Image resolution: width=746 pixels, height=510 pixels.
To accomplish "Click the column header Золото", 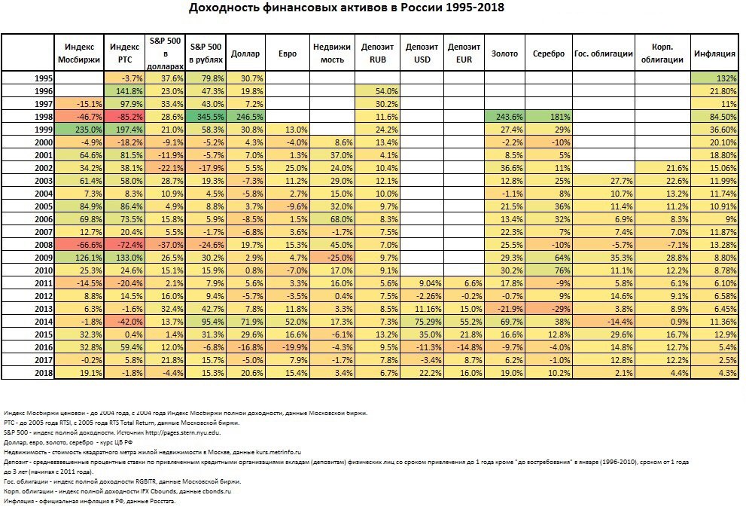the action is [504, 53].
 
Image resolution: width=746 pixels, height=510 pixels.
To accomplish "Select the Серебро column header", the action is [549, 53].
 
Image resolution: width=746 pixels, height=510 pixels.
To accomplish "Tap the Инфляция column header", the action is [714, 53].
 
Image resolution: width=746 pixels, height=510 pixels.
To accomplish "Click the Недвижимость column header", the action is [332, 53].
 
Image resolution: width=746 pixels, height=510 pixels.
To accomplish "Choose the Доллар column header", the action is [245, 53].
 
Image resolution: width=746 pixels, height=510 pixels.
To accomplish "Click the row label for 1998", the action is [44, 117].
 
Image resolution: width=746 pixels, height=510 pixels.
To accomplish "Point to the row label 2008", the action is [44, 246].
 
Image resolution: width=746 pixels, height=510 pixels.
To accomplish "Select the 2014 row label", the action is [44, 322].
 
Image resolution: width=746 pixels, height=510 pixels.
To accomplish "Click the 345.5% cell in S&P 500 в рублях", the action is [206, 117].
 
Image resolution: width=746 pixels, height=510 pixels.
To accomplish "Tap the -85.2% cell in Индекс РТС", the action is [124, 117].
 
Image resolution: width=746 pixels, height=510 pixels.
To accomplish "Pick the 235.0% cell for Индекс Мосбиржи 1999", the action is [80, 130].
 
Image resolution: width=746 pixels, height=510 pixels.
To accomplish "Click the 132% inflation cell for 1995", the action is [714, 78].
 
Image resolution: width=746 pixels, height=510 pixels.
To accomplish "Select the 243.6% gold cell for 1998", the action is [505, 117].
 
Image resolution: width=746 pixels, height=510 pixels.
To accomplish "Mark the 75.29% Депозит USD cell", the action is [422, 322].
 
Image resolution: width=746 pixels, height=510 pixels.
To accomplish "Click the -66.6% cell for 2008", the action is [80, 246].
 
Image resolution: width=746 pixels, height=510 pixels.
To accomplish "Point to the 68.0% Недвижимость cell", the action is [332, 219].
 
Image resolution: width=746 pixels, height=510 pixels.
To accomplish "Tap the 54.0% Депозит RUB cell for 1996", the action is [377, 91].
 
